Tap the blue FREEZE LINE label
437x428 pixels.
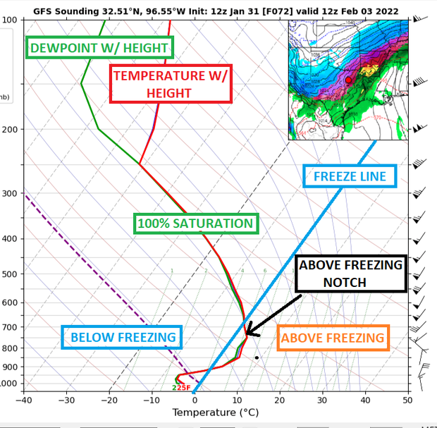[x=350, y=176]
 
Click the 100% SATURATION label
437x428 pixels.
[x=195, y=224]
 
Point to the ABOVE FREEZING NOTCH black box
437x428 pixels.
[x=351, y=273]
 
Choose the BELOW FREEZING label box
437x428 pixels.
[x=123, y=337]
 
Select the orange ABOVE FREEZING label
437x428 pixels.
[x=333, y=338]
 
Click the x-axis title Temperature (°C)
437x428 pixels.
[x=216, y=412]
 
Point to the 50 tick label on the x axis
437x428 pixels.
[x=407, y=399]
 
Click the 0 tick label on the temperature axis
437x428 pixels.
[x=195, y=399]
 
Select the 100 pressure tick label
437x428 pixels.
[x=9, y=20]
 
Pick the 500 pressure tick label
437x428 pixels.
[x=9, y=274]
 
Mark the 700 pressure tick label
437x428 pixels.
[x=9, y=327]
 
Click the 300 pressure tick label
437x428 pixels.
[x=9, y=194]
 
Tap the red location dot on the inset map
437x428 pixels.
[x=348, y=81]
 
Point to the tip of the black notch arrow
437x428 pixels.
[x=247, y=334]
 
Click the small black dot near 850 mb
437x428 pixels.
[x=257, y=357]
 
